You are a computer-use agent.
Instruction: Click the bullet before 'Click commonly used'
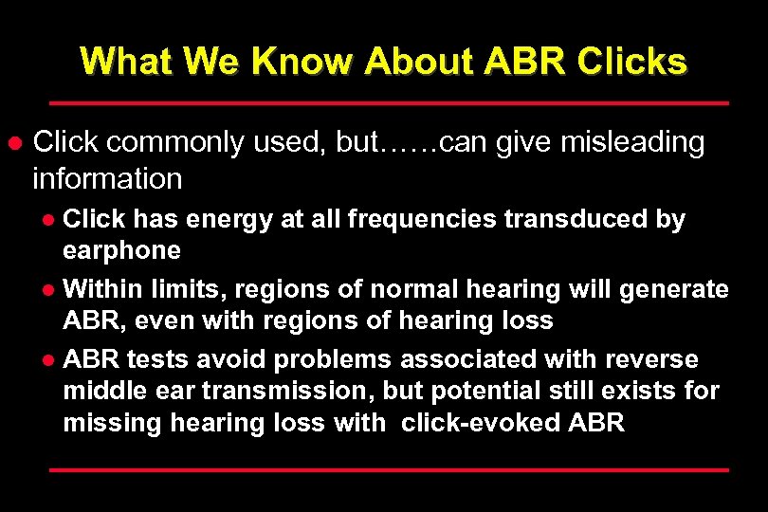point(14,143)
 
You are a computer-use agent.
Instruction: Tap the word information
point(106,177)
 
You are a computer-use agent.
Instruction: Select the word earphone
point(121,250)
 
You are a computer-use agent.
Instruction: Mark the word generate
point(676,287)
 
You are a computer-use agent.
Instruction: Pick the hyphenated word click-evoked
point(481,422)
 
